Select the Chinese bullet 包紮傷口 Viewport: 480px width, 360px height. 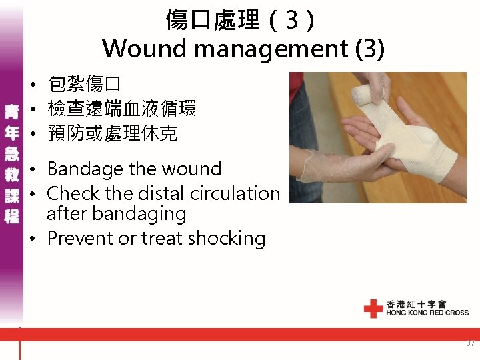(84, 85)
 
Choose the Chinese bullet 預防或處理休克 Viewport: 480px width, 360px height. (112, 133)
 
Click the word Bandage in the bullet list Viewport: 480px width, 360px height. (86, 169)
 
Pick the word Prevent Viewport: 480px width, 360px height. (80, 238)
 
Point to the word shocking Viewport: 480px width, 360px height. (224, 239)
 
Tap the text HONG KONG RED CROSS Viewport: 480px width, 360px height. (427, 313)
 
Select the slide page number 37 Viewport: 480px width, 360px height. (470, 344)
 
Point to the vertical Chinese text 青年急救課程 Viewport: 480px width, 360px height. (12, 163)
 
